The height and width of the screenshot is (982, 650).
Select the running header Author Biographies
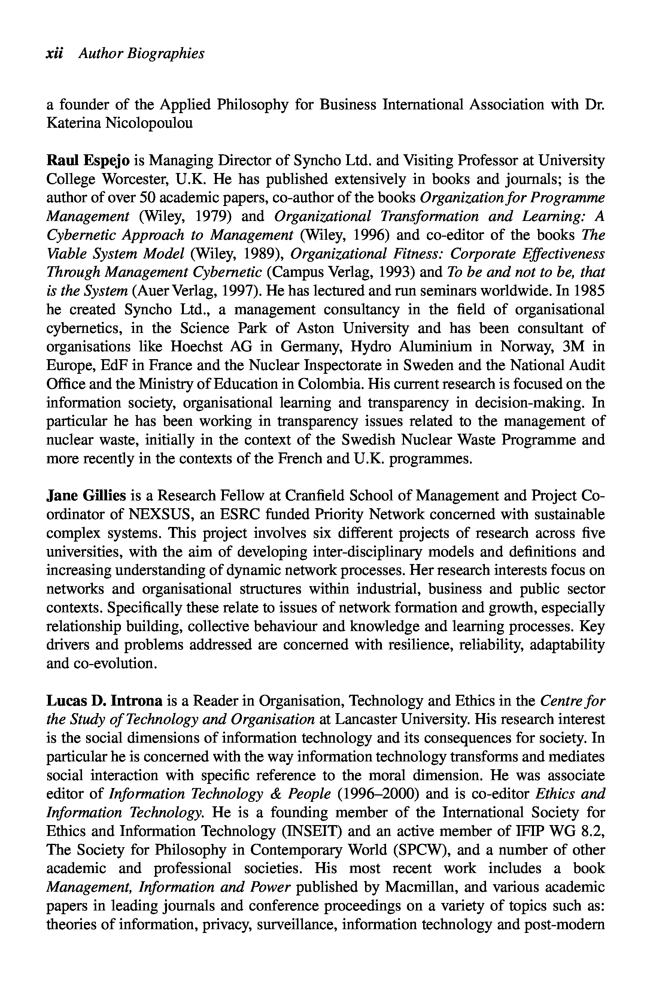coord(142,54)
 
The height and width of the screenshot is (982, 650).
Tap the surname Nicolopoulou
coord(149,124)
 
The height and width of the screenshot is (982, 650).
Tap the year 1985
coord(589,291)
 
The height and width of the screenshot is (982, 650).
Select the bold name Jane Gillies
coord(86,495)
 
